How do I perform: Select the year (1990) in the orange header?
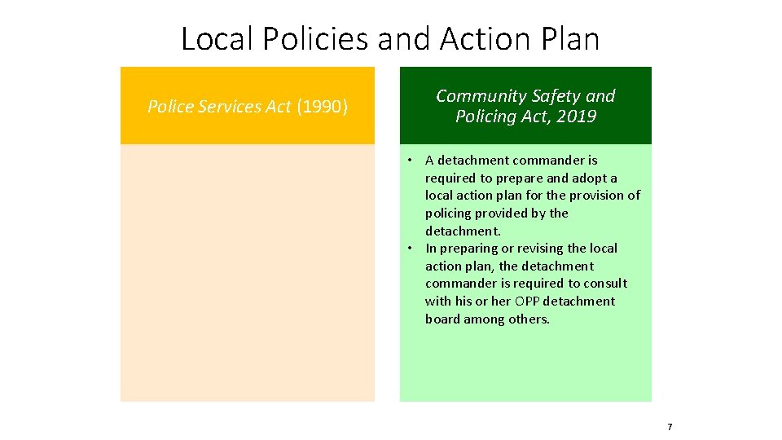point(322,107)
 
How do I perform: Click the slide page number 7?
point(670,427)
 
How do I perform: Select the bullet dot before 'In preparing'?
point(414,249)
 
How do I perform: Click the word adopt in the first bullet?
point(593,178)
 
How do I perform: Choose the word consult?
point(605,284)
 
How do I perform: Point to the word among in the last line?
point(485,319)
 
